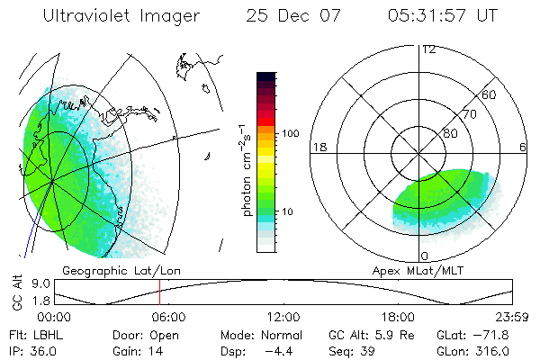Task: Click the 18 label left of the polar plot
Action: pyautogui.click(x=319, y=148)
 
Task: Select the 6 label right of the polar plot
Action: pyautogui.click(x=523, y=148)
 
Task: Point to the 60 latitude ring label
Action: pyautogui.click(x=490, y=94)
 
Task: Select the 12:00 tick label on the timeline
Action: pyautogui.click(x=283, y=316)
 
